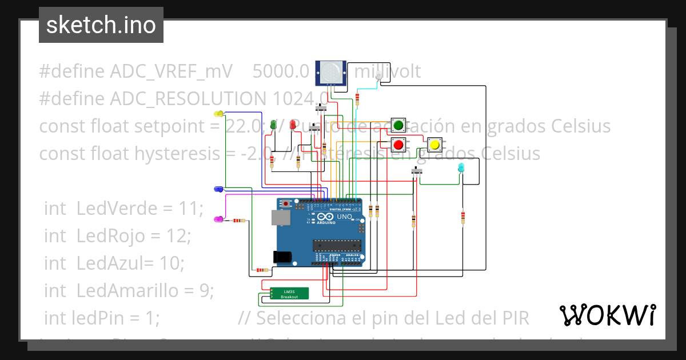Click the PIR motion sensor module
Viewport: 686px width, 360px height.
point(331,73)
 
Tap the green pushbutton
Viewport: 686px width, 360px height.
point(398,125)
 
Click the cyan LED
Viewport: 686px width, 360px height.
point(462,167)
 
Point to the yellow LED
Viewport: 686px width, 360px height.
point(218,114)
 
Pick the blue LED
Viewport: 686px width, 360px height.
point(218,189)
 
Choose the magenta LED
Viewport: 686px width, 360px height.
point(218,219)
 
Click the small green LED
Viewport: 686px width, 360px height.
point(273,124)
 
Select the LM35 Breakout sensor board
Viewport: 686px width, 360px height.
point(290,293)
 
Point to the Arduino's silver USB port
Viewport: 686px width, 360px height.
point(280,217)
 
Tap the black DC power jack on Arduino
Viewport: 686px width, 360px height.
point(282,257)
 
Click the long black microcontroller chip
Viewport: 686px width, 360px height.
point(337,245)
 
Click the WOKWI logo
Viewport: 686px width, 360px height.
point(607,315)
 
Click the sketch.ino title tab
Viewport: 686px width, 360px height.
point(101,25)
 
